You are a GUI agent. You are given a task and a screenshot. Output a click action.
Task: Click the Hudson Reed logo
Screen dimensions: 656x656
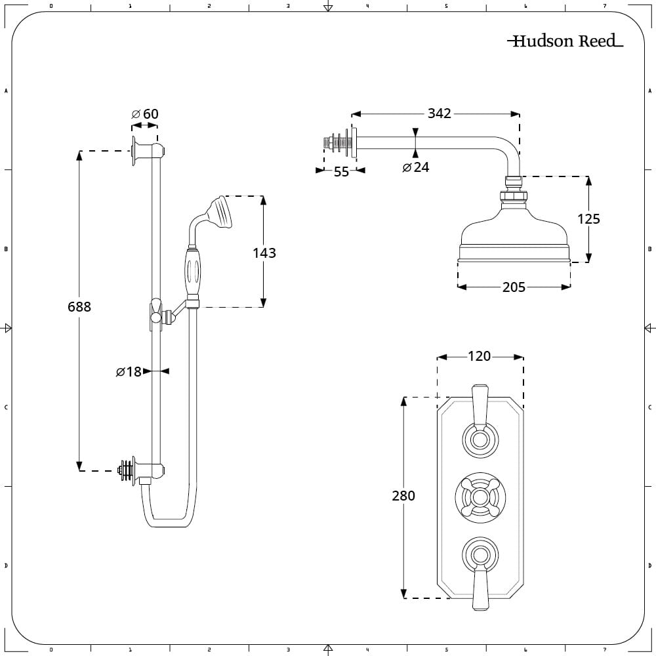(x=565, y=41)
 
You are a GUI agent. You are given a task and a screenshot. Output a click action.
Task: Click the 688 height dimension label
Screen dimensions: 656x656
(x=79, y=306)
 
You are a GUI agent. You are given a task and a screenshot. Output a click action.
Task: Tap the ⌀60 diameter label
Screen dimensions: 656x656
(x=145, y=114)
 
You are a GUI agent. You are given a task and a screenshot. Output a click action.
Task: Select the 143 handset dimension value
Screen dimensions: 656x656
(x=264, y=253)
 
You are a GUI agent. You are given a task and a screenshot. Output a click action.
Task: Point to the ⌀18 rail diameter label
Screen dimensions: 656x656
(x=129, y=372)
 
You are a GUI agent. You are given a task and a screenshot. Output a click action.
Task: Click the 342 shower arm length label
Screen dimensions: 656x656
(x=439, y=113)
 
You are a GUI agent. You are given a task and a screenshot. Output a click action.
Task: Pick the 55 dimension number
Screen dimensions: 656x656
(x=342, y=173)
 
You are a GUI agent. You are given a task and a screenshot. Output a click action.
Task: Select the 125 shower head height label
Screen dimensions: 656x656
(x=588, y=218)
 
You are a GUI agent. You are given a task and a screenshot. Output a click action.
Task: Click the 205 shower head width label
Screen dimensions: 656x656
(x=514, y=287)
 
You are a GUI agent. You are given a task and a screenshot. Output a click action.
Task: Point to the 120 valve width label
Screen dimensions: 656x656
(x=480, y=356)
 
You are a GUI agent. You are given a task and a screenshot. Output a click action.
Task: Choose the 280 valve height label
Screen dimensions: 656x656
(x=403, y=496)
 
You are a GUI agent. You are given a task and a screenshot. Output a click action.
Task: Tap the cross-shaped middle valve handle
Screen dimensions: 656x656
(x=480, y=496)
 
